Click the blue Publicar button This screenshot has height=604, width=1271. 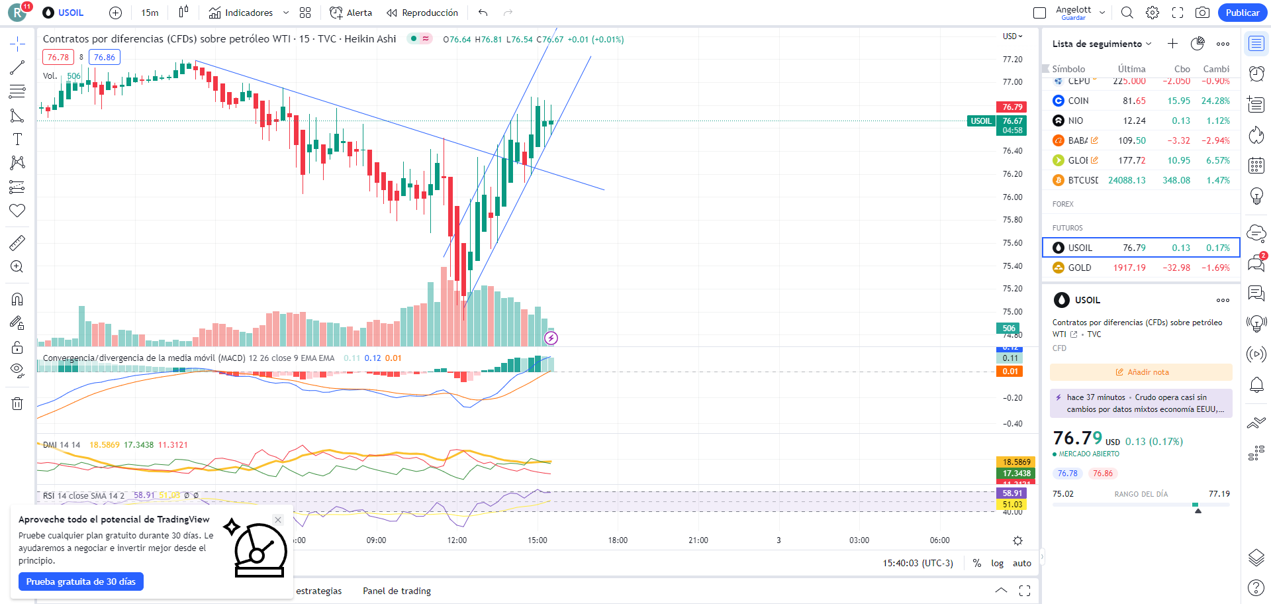click(x=1242, y=13)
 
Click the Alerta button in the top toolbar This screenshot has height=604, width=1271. click(x=352, y=13)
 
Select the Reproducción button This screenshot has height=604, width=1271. click(x=422, y=13)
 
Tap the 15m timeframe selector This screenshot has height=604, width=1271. click(x=150, y=13)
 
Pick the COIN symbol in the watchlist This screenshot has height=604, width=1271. click(x=1078, y=101)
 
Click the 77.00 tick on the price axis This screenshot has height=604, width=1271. click(x=1012, y=82)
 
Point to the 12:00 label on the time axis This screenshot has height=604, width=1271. click(x=457, y=540)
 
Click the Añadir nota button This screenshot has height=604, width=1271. click(x=1141, y=372)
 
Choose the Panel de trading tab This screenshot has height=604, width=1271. click(x=397, y=591)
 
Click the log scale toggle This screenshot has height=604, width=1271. click(x=997, y=563)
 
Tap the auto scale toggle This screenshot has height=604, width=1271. click(x=1021, y=563)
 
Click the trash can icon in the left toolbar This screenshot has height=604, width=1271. click(x=17, y=403)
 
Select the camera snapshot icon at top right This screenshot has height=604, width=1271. click(x=1202, y=13)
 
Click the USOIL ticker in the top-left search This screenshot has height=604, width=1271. click(x=70, y=13)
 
